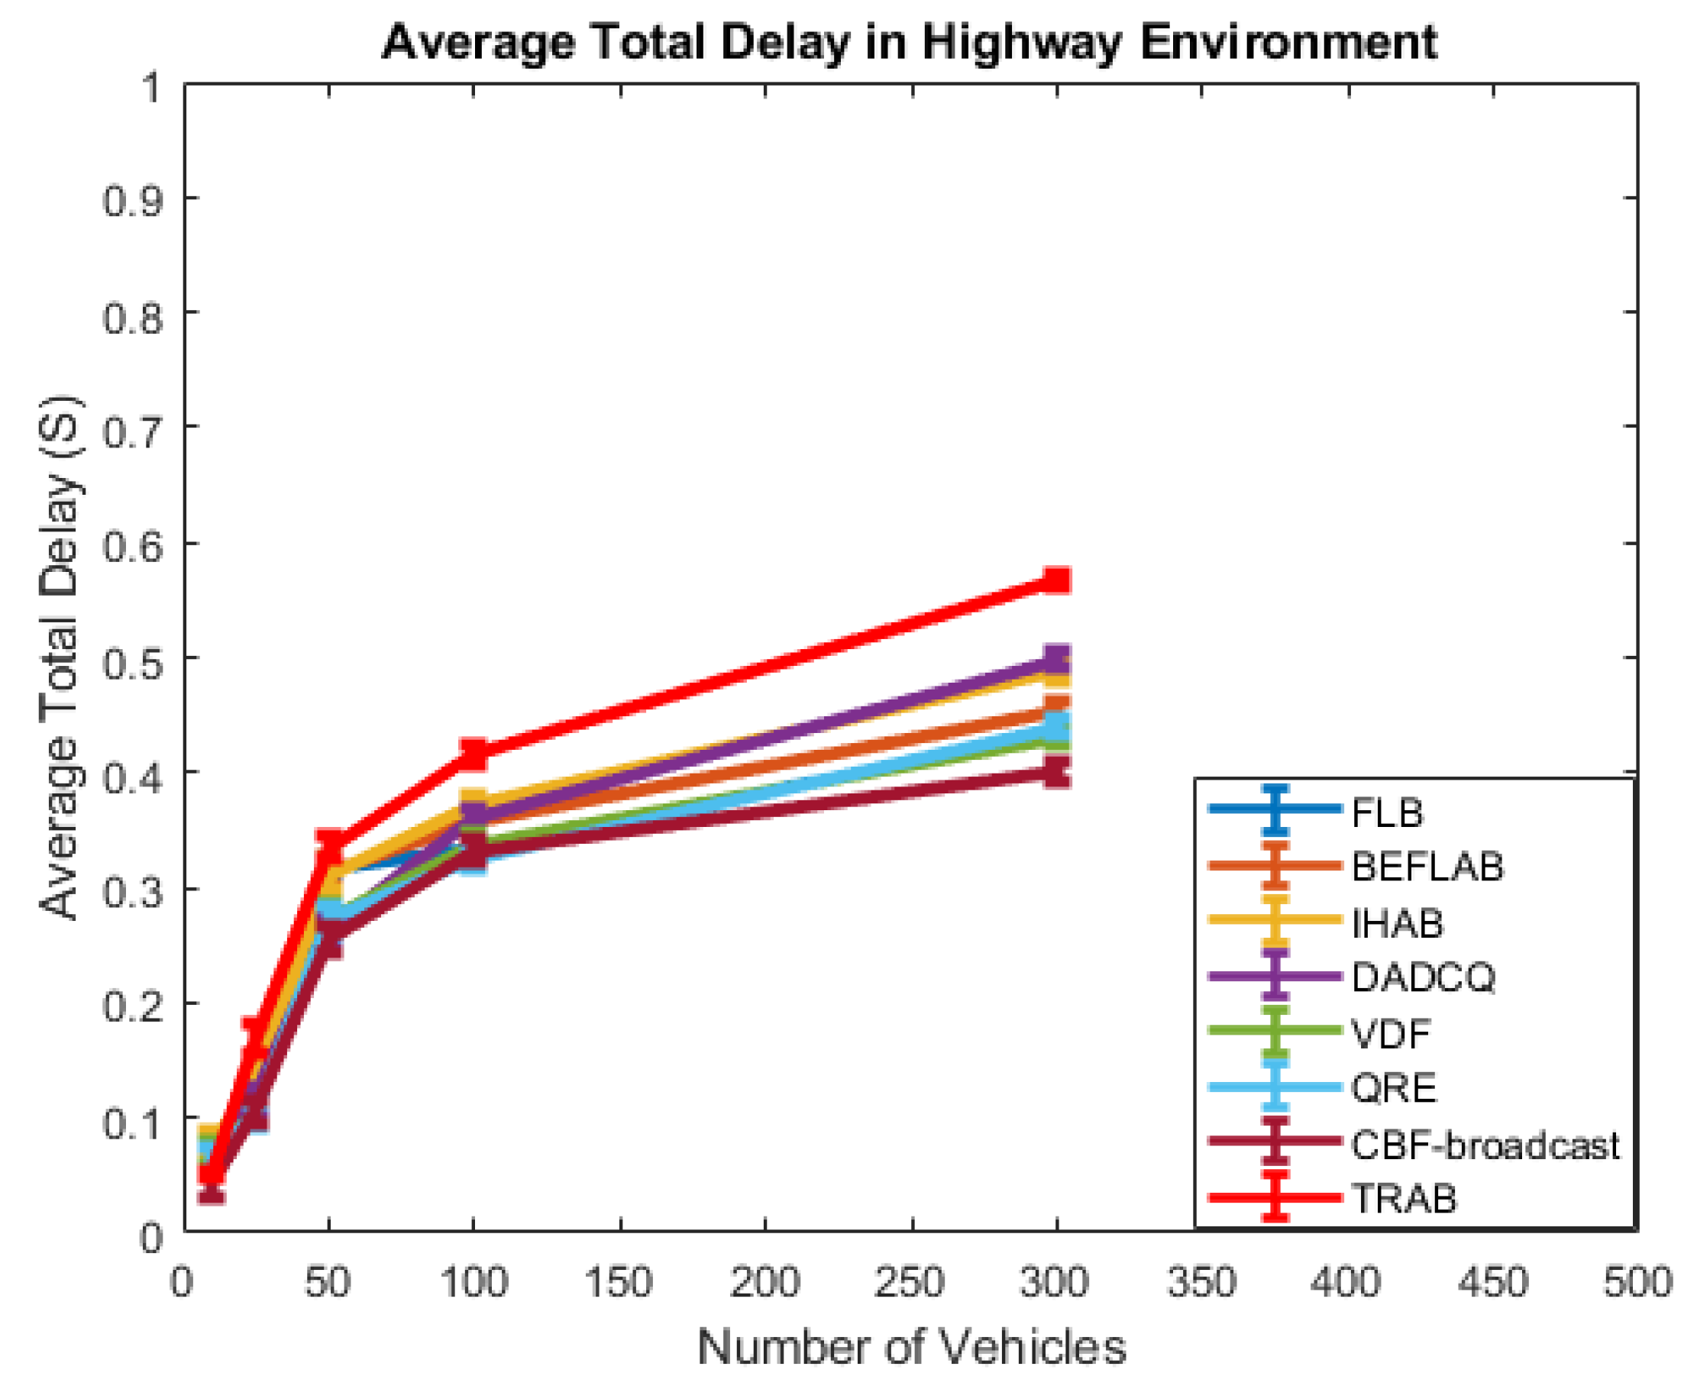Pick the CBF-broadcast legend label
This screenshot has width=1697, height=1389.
[x=1485, y=1145]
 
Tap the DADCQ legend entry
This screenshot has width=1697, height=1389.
[x=1423, y=977]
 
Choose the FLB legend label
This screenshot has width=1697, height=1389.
[x=1388, y=813]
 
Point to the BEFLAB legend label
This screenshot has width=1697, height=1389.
[x=1427, y=867]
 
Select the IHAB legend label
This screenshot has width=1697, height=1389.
[x=1397, y=923]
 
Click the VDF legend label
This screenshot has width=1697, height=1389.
[x=1391, y=1034]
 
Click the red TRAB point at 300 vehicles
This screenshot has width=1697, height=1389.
[x=1056, y=580]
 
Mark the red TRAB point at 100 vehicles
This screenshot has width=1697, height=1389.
[x=473, y=753]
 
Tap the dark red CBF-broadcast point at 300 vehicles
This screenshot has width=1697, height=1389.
[x=1056, y=773]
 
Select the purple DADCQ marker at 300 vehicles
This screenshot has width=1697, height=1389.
[x=1056, y=659]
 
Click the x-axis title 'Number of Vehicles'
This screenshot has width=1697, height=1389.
[x=911, y=1346]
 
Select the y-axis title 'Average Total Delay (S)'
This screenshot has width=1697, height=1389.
[x=60, y=657]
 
